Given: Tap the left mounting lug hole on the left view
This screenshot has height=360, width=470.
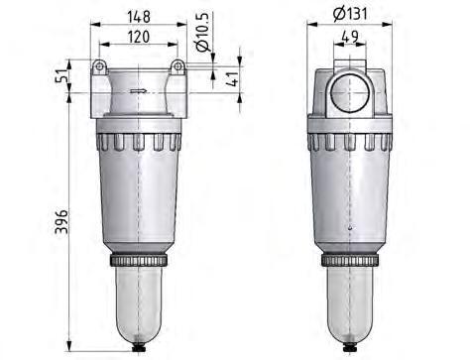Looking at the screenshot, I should point(99,66).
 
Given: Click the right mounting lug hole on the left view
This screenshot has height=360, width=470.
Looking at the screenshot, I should point(177,66).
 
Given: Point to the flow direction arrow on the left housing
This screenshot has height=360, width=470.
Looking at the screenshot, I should point(140,91).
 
